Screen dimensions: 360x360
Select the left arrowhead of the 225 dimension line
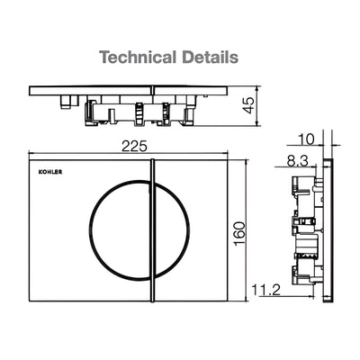point(32,150)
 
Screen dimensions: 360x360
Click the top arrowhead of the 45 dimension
point(257,87)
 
